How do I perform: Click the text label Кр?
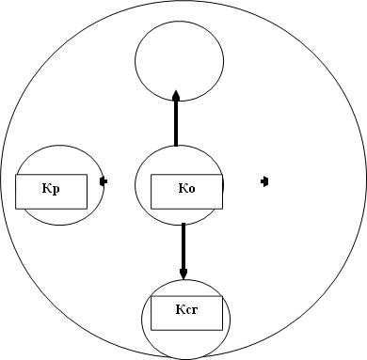pyautogui.click(x=52, y=189)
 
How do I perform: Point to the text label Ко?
pyautogui.click(x=186, y=189)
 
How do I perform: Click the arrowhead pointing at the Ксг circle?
pyautogui.click(x=183, y=274)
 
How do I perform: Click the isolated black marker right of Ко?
pyautogui.click(x=266, y=180)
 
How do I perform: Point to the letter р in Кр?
pyautogui.click(x=56, y=190)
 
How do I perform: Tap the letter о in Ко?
pyautogui.click(x=191, y=190)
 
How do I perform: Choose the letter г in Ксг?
pyautogui.click(x=194, y=308)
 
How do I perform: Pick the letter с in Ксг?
pyautogui.click(x=187, y=308)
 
